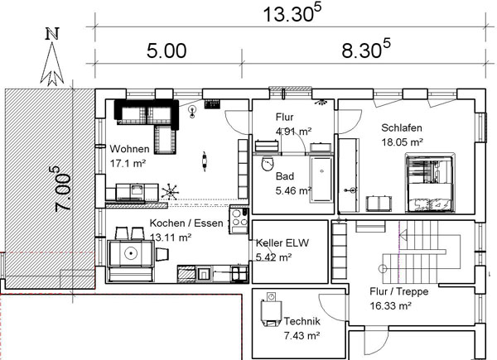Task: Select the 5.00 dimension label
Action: [166, 51]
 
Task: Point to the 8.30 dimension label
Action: [366, 49]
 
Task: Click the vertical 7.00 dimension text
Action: [60, 190]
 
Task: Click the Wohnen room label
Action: [129, 149]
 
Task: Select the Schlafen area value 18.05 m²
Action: [402, 142]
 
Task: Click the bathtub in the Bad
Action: [321, 180]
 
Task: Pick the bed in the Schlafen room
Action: [431, 183]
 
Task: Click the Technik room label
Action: [302, 321]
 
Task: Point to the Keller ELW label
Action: [282, 242]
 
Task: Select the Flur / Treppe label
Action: [399, 291]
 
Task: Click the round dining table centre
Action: [130, 252]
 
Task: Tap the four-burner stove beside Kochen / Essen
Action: [239, 219]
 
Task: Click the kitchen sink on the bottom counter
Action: [204, 273]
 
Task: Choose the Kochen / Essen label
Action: [186, 223]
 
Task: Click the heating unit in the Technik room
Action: [271, 310]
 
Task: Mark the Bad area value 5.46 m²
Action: [293, 190]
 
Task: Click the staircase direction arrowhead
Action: [403, 235]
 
